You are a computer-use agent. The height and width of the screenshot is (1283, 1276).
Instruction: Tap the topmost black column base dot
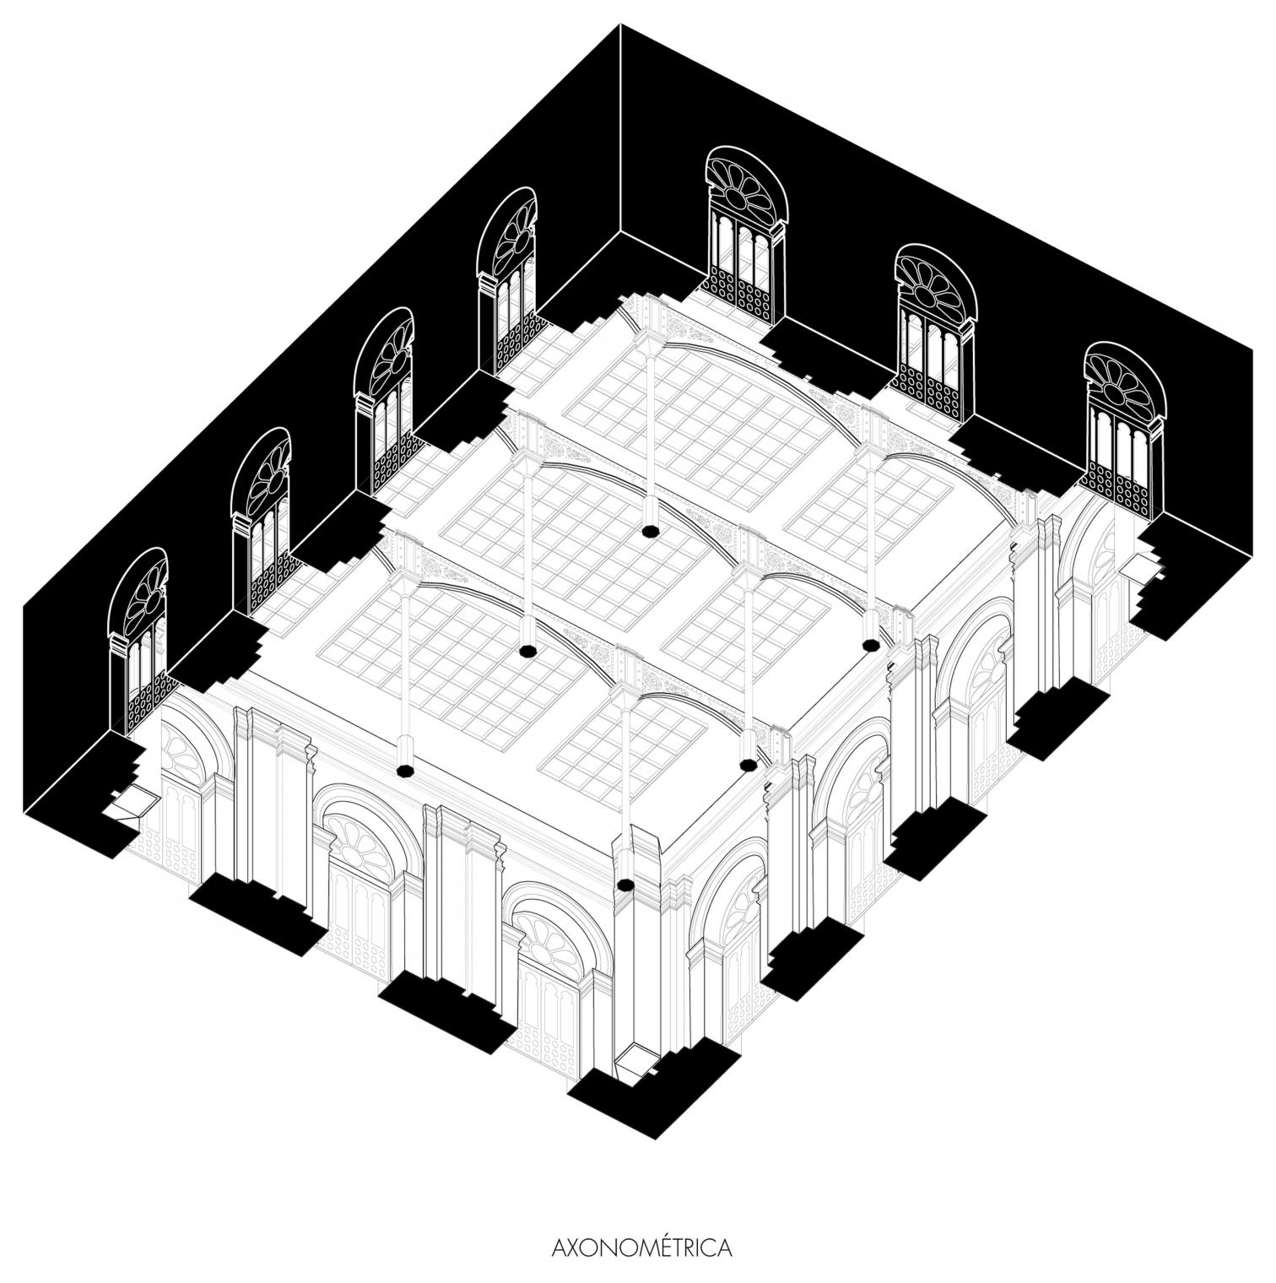pos(650,531)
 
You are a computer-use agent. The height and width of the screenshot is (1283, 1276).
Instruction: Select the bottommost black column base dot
pos(625,885)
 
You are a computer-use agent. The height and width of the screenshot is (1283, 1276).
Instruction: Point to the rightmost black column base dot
pos(871,646)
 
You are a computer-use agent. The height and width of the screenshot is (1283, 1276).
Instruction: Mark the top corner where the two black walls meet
pos(621,24)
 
